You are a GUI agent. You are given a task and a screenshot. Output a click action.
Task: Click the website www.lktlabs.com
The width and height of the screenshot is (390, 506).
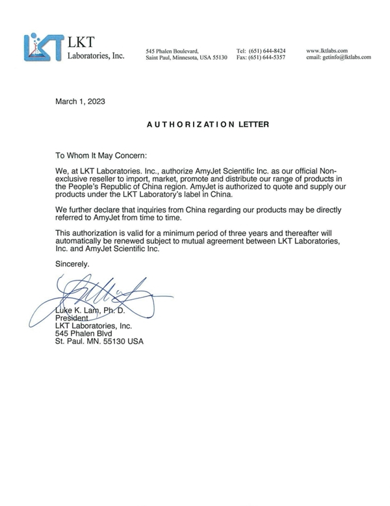click(x=327, y=50)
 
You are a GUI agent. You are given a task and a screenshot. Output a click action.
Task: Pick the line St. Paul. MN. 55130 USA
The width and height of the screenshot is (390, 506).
click(x=99, y=341)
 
